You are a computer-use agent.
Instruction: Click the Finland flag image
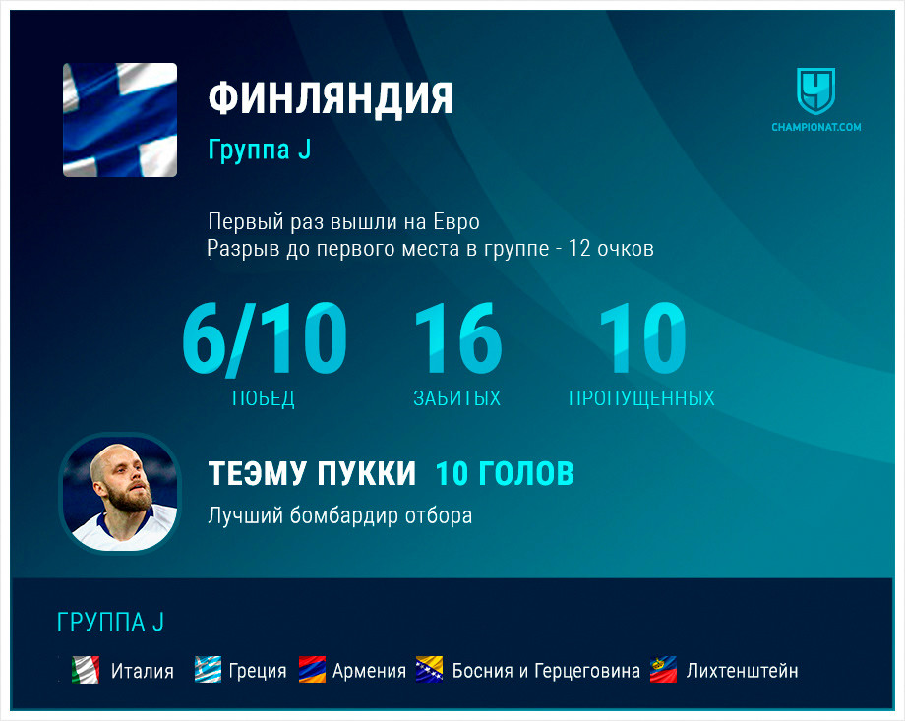(x=120, y=119)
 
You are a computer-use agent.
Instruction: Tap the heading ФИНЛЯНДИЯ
(x=331, y=99)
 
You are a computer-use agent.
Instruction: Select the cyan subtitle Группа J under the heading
(x=260, y=149)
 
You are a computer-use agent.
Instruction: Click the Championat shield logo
(x=815, y=91)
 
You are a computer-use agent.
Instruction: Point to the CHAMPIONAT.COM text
(x=816, y=127)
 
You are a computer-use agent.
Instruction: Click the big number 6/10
(x=265, y=338)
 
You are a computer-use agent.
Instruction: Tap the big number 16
(x=458, y=338)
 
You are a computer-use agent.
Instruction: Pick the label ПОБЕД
(x=264, y=398)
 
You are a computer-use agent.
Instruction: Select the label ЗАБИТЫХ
(x=457, y=398)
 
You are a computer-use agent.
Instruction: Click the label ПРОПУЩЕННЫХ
(x=641, y=398)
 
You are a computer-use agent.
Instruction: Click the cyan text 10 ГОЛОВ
(x=505, y=473)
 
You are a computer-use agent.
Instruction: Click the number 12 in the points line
(x=580, y=248)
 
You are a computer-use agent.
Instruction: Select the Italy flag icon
(x=86, y=670)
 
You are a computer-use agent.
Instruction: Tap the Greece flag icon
(x=208, y=670)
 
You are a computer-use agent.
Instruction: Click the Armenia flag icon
(x=312, y=670)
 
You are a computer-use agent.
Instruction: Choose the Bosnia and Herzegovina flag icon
(x=430, y=670)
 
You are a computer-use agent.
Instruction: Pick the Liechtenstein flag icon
(x=663, y=670)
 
